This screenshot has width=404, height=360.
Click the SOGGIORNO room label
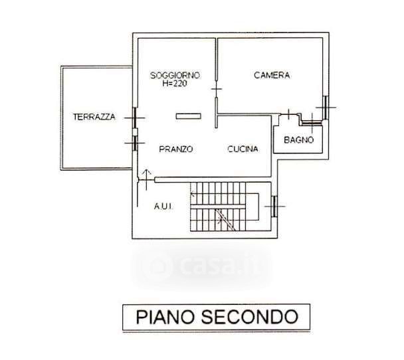175,74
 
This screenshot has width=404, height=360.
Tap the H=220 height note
175,84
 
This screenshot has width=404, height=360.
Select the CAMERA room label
272,75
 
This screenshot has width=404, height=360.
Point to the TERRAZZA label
94,117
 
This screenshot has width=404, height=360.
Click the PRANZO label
176,149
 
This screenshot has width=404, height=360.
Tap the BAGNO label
298,139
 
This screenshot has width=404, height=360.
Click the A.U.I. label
163,207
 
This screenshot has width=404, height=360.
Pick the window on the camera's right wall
326,106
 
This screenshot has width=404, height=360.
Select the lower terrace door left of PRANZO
135,142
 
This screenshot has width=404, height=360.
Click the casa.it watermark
206,266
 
